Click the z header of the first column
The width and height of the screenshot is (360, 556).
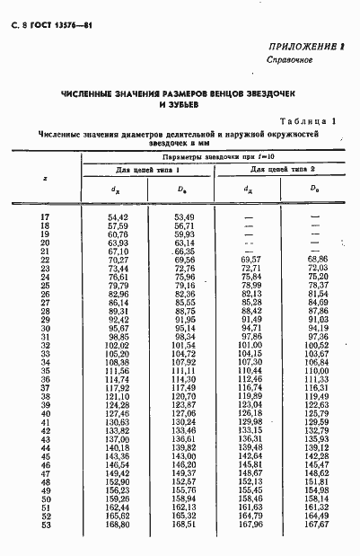click(46, 179)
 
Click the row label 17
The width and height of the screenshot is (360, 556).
click(46, 217)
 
